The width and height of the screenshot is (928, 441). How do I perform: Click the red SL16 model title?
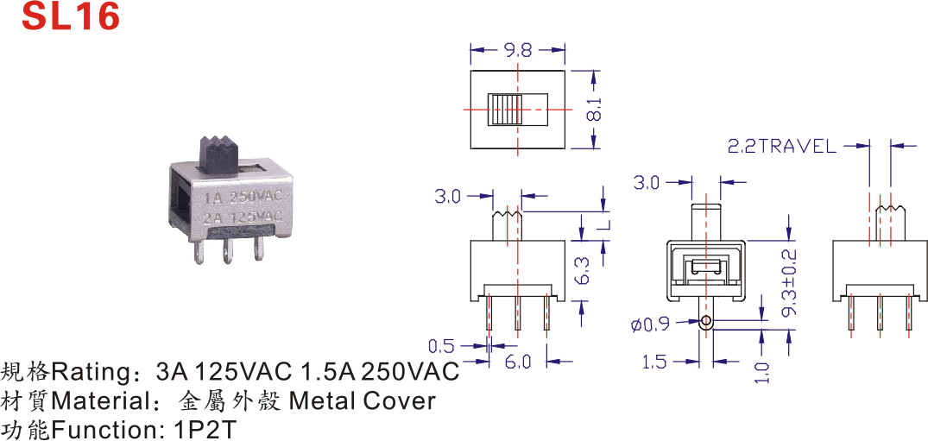click(71, 17)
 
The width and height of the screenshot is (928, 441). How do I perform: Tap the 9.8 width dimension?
click(518, 50)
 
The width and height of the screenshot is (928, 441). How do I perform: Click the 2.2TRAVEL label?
click(782, 147)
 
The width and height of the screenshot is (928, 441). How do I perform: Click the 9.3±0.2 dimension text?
click(788, 284)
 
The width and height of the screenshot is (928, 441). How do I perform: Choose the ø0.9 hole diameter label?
click(650, 324)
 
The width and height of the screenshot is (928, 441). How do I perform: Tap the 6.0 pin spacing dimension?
click(518, 362)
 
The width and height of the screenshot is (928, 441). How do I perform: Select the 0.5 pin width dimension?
click(441, 347)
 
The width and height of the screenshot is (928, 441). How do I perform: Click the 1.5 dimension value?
click(654, 362)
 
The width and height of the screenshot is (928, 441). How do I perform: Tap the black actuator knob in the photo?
click(221, 151)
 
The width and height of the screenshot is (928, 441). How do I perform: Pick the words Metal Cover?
click(362, 401)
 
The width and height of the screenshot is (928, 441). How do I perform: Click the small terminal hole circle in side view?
click(706, 323)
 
